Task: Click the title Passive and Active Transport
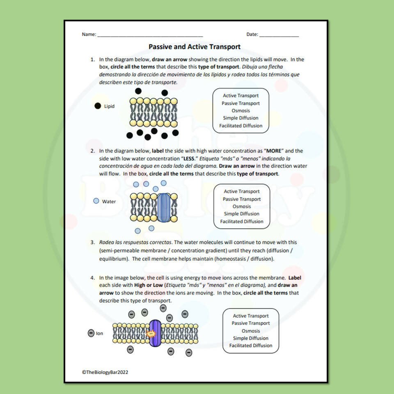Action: click(x=195, y=47)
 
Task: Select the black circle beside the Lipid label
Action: click(x=98, y=106)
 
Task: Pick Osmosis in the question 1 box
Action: click(x=241, y=111)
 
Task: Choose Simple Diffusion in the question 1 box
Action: click(x=241, y=118)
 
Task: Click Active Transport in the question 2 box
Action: click(x=242, y=192)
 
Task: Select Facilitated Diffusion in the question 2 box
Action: click(x=242, y=222)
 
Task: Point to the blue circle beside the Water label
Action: click(x=96, y=201)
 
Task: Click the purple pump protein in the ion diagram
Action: click(x=155, y=333)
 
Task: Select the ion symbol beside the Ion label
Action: click(x=91, y=333)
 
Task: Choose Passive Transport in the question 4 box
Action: click(x=251, y=323)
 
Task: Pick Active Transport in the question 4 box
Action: click(x=251, y=316)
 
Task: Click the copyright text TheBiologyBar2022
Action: click(x=108, y=372)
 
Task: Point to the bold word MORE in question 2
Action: click(x=271, y=151)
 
